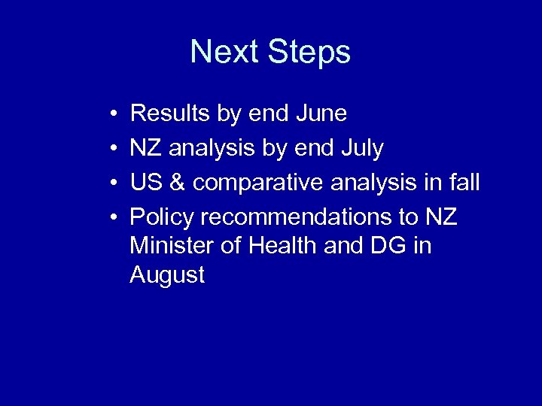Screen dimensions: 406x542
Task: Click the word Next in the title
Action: [224, 52]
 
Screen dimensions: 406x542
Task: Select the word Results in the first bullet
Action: [171, 114]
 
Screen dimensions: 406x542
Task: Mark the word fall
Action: [462, 183]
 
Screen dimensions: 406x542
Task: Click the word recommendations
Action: [299, 217]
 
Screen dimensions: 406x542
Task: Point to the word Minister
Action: [168, 246]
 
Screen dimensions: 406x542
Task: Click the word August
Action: [167, 275]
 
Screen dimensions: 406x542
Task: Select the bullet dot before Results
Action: [111, 114]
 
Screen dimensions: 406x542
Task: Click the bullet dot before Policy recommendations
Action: [111, 218]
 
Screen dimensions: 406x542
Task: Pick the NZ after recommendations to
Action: [441, 217]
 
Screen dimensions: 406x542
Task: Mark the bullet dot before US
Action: [111, 183]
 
